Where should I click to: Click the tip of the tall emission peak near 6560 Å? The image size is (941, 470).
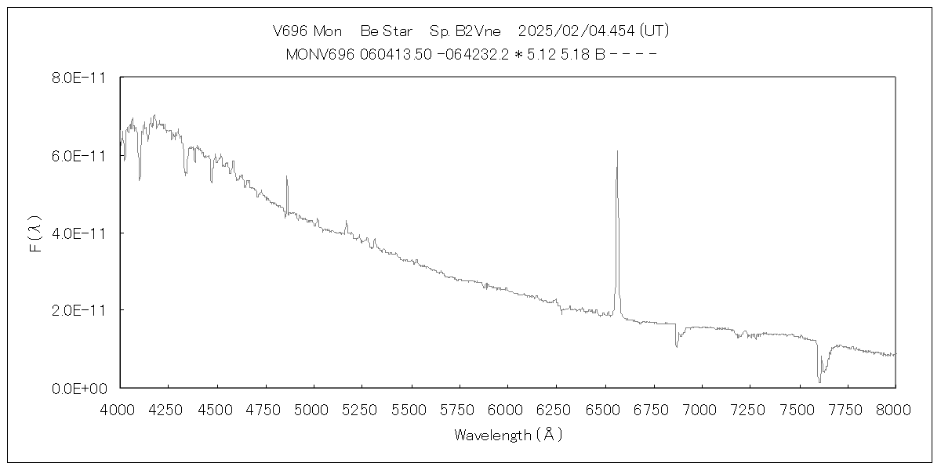tap(617, 151)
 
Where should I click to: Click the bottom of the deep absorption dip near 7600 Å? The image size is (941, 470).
tap(819, 381)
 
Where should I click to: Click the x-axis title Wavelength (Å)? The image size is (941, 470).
tap(507, 435)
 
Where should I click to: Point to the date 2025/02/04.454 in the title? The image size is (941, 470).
tap(576, 31)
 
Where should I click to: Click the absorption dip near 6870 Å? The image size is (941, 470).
tap(677, 345)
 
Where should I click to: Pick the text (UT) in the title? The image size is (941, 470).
tap(653, 31)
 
